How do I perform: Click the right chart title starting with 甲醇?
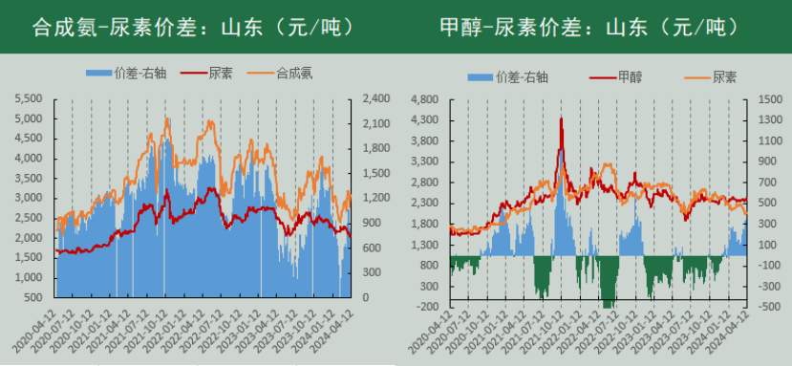coord(584,27)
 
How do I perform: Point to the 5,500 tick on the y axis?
coord(32,98)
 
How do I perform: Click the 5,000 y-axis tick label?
coord(32,118)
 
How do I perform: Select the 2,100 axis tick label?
coord(375,123)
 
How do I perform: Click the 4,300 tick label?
coord(424,119)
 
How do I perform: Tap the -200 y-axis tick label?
coord(426,307)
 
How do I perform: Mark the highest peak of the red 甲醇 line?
coord(561,118)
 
